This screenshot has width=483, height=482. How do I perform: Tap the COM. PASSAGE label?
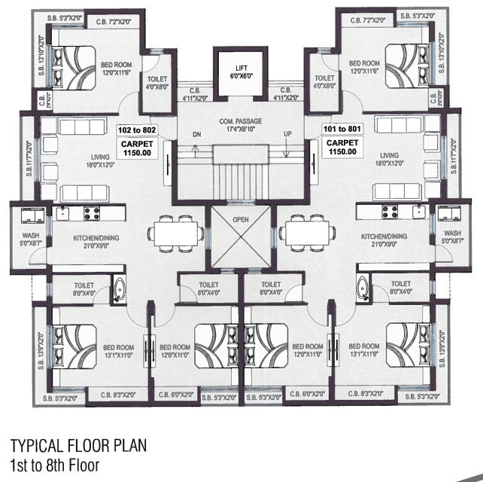coord(241,126)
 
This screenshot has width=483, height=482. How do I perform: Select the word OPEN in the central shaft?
coord(241,220)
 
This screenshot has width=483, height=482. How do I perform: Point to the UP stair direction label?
coord(287,133)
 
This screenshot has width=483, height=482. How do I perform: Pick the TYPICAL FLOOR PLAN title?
coord(78,446)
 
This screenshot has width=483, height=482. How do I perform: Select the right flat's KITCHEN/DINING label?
coord(384,241)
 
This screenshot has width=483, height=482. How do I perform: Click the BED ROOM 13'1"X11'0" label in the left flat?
coord(118,351)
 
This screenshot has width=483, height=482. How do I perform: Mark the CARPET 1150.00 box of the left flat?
coord(135,146)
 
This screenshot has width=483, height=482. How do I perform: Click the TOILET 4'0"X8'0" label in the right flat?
coord(324,82)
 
